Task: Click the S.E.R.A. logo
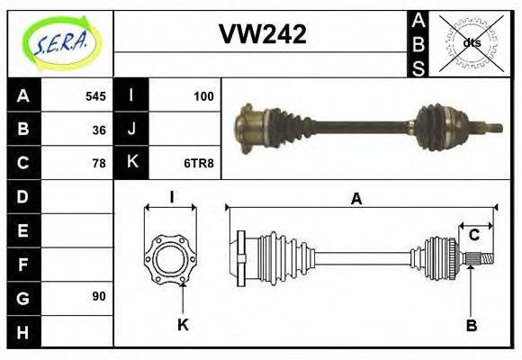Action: pos(59,42)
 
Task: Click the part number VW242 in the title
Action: pos(262,34)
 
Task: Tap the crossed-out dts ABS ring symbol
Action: pos(470,42)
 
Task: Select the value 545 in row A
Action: pos(95,96)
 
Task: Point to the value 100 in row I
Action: pos(203,96)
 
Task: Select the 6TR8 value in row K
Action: pos(201,163)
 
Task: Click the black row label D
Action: pos(22,196)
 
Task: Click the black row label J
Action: pos(131,130)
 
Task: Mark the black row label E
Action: pos(22,229)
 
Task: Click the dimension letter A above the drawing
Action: pos(357,199)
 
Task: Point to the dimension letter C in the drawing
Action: pos(473,236)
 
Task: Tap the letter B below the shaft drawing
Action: pos(471,325)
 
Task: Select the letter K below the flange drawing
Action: pos(183,325)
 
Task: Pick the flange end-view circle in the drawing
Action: pos(170,258)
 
